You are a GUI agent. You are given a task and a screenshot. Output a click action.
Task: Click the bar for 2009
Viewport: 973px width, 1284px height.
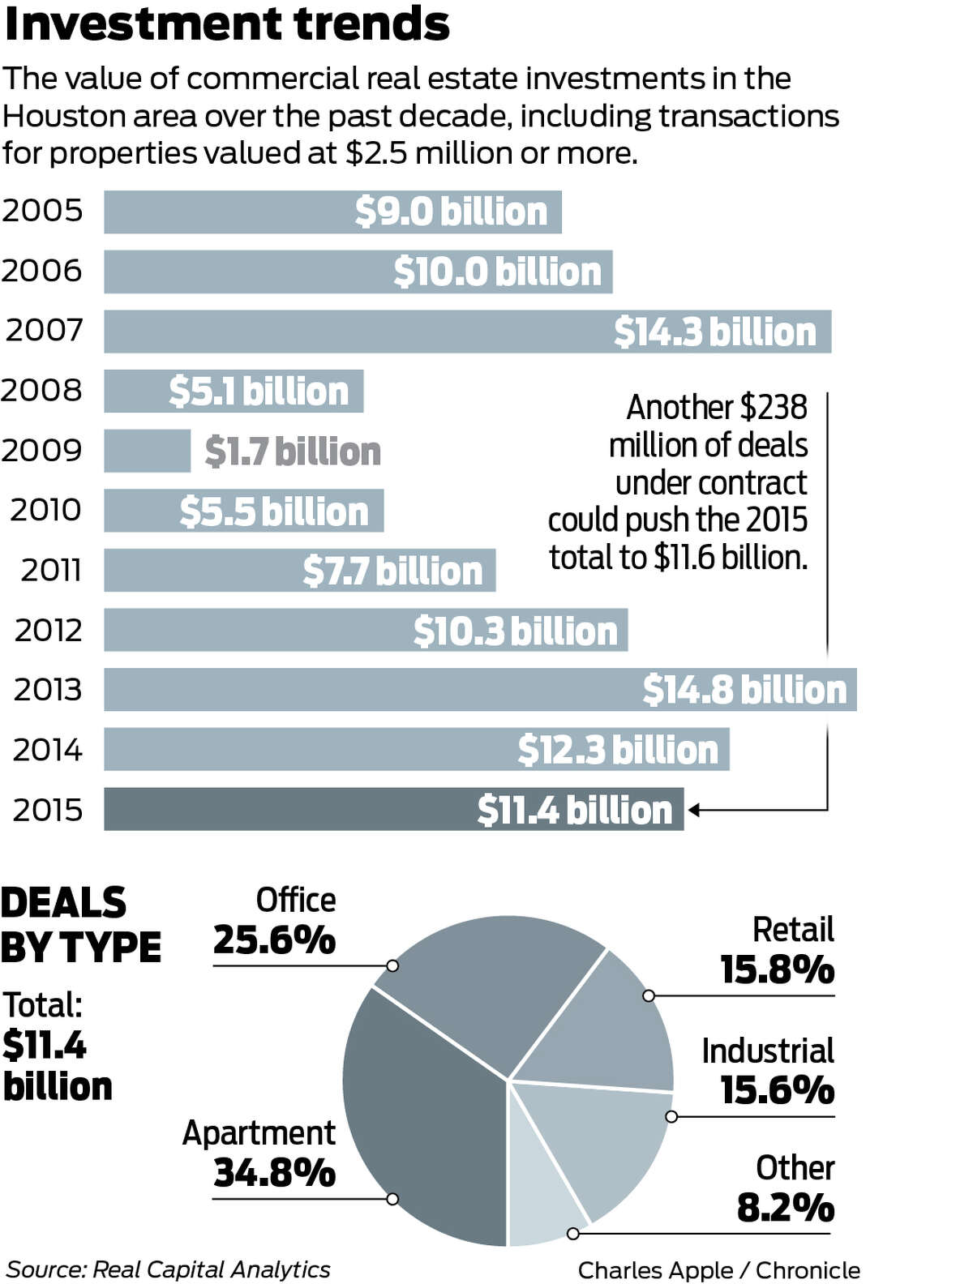tap(147, 451)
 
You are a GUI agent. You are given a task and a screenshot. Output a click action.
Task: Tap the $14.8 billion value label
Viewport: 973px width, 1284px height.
tap(744, 690)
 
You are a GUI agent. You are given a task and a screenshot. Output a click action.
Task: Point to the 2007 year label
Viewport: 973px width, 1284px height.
tap(45, 331)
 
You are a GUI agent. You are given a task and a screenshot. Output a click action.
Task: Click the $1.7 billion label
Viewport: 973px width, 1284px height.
tap(293, 452)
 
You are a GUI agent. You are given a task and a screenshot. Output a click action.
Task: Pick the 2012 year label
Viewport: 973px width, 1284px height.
tap(49, 630)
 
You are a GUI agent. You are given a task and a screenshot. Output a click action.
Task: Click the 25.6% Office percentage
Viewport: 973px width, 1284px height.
tap(274, 940)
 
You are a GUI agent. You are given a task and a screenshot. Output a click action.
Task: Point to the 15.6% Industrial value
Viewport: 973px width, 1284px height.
tap(777, 1090)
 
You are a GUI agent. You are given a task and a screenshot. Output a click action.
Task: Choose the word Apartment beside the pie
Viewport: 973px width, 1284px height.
tap(259, 1133)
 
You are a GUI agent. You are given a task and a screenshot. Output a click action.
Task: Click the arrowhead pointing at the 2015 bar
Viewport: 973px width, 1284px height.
tap(694, 810)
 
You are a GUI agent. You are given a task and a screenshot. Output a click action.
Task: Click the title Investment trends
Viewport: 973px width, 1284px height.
tap(227, 24)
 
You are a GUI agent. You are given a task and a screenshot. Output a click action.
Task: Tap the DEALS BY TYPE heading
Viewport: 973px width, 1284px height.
tap(80, 925)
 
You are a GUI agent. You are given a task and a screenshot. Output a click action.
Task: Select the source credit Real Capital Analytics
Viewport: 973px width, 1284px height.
tap(211, 1269)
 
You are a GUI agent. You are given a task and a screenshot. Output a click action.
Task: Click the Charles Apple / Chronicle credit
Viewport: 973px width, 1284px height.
tap(719, 1270)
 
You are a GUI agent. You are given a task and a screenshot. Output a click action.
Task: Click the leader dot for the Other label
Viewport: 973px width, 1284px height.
tap(573, 1234)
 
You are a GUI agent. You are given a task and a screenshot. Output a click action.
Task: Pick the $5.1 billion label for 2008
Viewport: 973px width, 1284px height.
tap(259, 392)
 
